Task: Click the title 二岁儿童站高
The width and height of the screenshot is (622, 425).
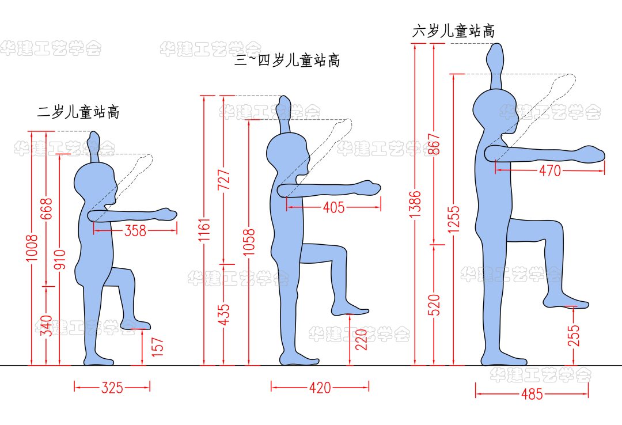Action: point(78,112)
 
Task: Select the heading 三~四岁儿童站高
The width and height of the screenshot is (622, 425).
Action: point(287,60)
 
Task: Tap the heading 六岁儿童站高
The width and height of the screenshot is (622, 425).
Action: point(453,31)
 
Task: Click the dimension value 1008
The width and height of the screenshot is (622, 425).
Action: point(32,248)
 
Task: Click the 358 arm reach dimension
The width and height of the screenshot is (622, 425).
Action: point(136,231)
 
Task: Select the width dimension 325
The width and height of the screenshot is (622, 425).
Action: point(112,388)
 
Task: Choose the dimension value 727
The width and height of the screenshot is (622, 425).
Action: point(224,180)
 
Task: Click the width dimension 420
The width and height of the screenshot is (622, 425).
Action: point(320,388)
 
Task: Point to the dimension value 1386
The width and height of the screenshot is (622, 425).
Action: point(416,203)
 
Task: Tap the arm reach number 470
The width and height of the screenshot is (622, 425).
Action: point(549,171)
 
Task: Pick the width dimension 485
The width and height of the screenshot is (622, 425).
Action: point(532,394)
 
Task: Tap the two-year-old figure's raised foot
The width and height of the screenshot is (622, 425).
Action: point(135,325)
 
